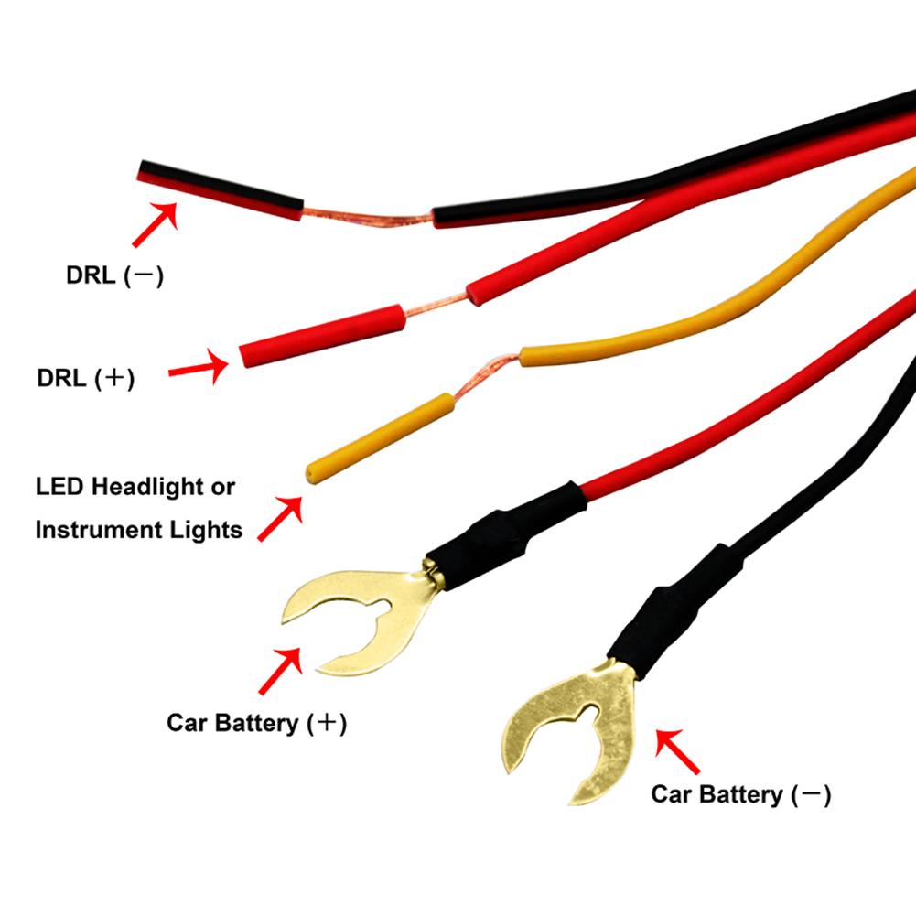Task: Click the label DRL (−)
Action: pos(114,275)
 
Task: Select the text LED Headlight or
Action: pos(135,486)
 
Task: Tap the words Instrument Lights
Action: pos(138,529)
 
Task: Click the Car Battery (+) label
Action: pos(256,723)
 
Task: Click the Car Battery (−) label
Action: pos(740,794)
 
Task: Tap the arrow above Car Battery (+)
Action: pos(280,671)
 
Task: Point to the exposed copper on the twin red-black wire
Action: pos(366,218)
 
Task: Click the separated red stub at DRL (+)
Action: pos(320,334)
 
